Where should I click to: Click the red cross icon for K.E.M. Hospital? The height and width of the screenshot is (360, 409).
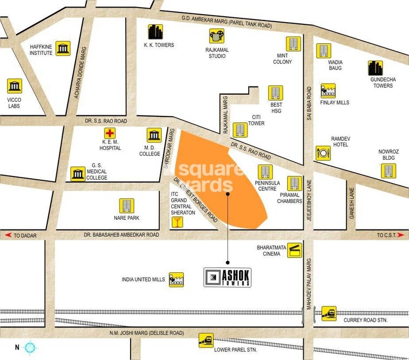click(110, 134)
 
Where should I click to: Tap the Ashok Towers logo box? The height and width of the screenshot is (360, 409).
click(228, 277)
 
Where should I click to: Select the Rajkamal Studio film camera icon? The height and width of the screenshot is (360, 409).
click(217, 36)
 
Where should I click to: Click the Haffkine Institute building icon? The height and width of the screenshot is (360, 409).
click(63, 48)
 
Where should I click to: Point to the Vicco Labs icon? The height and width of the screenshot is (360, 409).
click(15, 86)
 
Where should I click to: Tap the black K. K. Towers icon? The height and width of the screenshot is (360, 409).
click(155, 32)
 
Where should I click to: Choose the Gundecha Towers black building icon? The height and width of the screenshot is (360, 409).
click(375, 68)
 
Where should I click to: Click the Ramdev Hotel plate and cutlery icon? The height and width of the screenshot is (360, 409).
click(323, 153)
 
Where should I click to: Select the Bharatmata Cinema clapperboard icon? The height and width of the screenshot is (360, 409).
click(295, 250)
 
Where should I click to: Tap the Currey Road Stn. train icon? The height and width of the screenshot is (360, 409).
click(329, 313)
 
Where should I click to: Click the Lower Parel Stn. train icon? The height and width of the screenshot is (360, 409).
click(206, 339)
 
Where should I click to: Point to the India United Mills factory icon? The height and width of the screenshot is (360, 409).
click(177, 279)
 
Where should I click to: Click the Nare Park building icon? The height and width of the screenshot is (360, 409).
click(126, 206)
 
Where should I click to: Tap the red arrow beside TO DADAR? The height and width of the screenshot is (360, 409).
click(8, 235)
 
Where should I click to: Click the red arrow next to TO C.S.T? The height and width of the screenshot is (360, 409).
click(401, 235)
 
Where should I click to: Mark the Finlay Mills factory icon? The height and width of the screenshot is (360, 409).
click(328, 90)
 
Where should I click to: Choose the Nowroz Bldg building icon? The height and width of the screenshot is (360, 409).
click(388, 171)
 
